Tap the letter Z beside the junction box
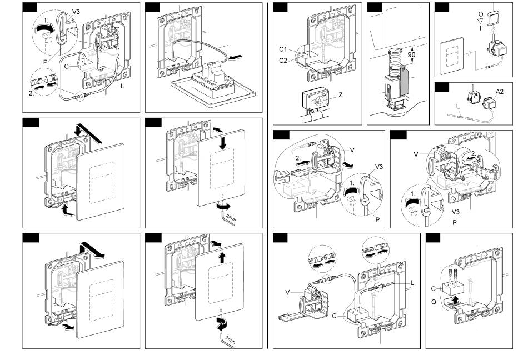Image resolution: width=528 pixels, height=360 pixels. [x=340, y=96]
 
